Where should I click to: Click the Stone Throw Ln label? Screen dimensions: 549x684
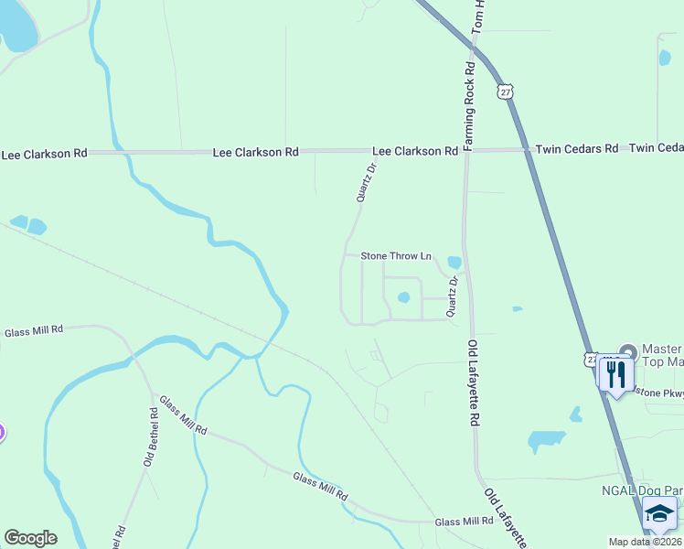(395, 256)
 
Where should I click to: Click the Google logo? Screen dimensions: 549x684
(30, 538)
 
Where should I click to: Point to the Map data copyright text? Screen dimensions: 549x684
(646, 542)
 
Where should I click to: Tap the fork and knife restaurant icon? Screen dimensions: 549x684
(615, 373)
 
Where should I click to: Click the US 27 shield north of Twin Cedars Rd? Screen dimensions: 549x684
(506, 91)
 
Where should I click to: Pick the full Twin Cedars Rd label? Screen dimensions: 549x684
(576, 148)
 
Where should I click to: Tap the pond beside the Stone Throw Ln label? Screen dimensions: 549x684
(454, 263)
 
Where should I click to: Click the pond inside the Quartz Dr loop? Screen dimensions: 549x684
(403, 296)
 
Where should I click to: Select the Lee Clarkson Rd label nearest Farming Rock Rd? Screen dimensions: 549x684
(414, 150)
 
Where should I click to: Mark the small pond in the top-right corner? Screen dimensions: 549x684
(665, 59)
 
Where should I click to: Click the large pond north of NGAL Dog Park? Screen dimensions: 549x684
(547, 441)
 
